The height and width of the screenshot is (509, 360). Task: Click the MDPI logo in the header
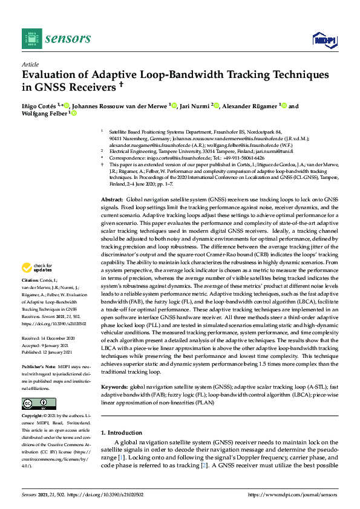[324, 40]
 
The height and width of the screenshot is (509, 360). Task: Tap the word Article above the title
[30, 64]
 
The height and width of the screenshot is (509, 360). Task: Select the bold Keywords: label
[114, 386]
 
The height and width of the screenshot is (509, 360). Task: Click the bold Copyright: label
[34, 417]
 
